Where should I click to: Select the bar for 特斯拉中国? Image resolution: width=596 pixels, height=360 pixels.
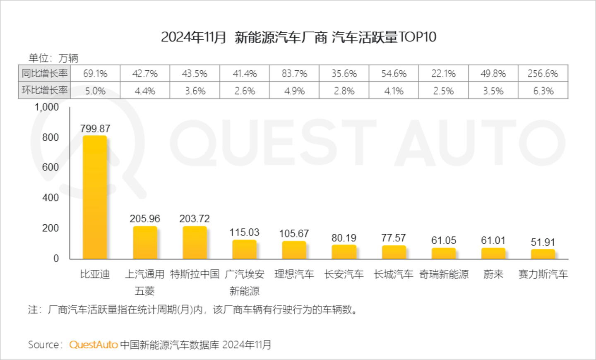click(195, 242)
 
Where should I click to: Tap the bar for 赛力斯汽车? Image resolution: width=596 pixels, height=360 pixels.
click(543, 254)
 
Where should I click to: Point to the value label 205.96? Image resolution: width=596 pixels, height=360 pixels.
click(144, 218)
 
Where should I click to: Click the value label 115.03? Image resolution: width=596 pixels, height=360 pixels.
click(244, 232)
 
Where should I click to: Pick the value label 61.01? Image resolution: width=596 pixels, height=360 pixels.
click(493, 240)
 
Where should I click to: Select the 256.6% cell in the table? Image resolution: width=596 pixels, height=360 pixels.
click(543, 74)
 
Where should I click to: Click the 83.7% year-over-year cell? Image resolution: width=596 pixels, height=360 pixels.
click(294, 74)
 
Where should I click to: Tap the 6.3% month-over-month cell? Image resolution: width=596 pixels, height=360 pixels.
click(543, 91)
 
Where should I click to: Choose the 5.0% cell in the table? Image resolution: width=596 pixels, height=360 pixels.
click(95, 91)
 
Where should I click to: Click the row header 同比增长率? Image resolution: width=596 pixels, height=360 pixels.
click(45, 73)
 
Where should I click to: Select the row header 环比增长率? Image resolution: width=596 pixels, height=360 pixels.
click(45, 90)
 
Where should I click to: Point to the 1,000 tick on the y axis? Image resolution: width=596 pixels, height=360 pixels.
click(46, 107)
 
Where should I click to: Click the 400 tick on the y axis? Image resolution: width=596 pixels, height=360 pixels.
click(50, 197)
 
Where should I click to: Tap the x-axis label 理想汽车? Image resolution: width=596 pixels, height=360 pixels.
click(294, 274)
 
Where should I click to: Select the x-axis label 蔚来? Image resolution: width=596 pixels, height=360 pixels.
click(493, 274)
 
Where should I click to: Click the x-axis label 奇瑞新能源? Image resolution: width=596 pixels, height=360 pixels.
click(444, 274)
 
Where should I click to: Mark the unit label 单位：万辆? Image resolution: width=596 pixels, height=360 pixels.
click(53, 58)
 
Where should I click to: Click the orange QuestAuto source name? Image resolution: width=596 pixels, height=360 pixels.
click(94, 345)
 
